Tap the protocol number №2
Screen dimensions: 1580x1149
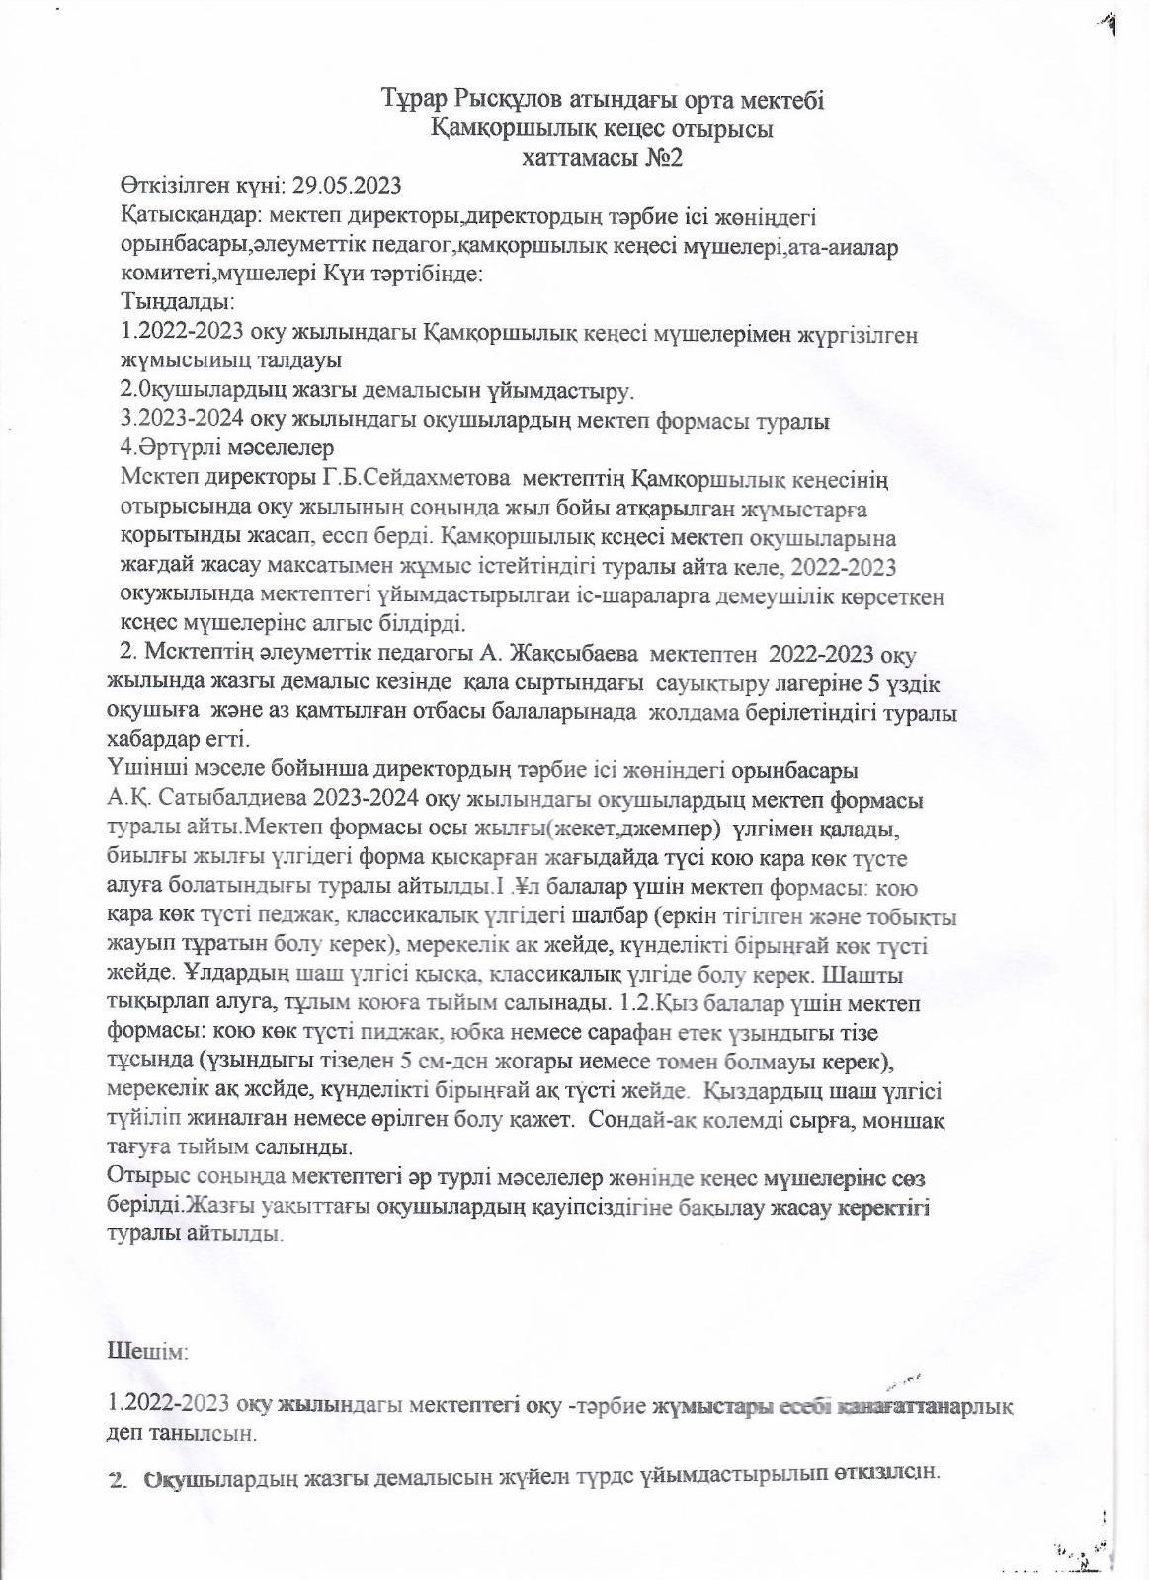661,158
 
